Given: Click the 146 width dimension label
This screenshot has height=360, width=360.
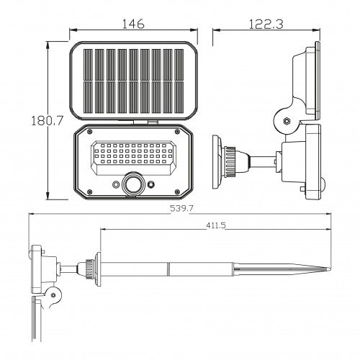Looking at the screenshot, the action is (133, 24).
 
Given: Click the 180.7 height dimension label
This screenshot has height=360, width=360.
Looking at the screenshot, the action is (47, 120).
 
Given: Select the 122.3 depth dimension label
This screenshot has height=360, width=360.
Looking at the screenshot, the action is (266, 24).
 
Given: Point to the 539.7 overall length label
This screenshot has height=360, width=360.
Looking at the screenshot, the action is (181, 208).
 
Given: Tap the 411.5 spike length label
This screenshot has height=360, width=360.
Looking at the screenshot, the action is (216, 225).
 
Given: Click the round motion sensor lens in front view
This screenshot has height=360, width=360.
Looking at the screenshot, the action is (133, 184).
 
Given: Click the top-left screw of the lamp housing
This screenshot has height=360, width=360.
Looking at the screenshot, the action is (90, 131).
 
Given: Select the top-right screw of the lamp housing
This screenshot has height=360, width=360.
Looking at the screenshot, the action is (177, 131).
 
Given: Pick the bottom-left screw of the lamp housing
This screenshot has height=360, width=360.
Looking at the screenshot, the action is (90, 192).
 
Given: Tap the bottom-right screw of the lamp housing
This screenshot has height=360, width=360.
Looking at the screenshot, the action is (177, 192).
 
